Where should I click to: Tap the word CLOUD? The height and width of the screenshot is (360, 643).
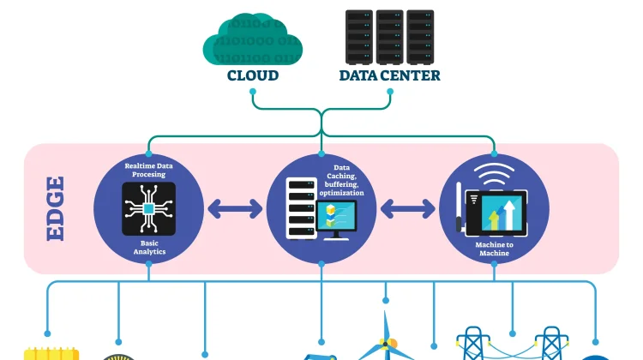pos(253,75)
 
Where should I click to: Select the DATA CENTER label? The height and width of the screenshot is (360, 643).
pos(390,75)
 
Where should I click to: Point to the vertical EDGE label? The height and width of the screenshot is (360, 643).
pos(56,208)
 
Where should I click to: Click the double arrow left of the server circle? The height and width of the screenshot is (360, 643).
pos(234,208)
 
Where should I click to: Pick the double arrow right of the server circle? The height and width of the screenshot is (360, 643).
pos(408,208)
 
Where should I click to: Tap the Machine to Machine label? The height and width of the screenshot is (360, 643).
pos(494,249)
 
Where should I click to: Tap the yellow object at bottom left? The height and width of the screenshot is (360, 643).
pos(51,352)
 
